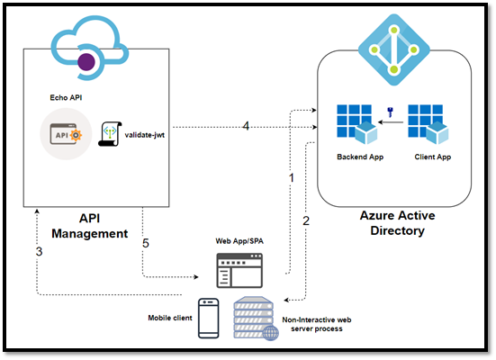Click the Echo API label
[x=66, y=98]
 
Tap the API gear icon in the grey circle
[x=66, y=134]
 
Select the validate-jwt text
[x=145, y=135]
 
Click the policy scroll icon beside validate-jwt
[x=110, y=134]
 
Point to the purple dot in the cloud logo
[x=86, y=62]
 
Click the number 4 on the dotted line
[x=246, y=126]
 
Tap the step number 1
[x=292, y=178]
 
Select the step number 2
[x=306, y=220]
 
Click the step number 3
[x=39, y=251]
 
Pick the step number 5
[x=146, y=243]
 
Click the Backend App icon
[x=356, y=124]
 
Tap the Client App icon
[x=428, y=124]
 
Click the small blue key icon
[x=391, y=112]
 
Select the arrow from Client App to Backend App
[x=391, y=122]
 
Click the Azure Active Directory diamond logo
[x=393, y=49]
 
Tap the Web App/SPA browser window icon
[x=239, y=271]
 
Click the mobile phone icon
[x=209, y=319]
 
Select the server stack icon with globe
[x=257, y=319]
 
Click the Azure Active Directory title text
[x=397, y=223]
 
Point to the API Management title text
[x=90, y=226]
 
